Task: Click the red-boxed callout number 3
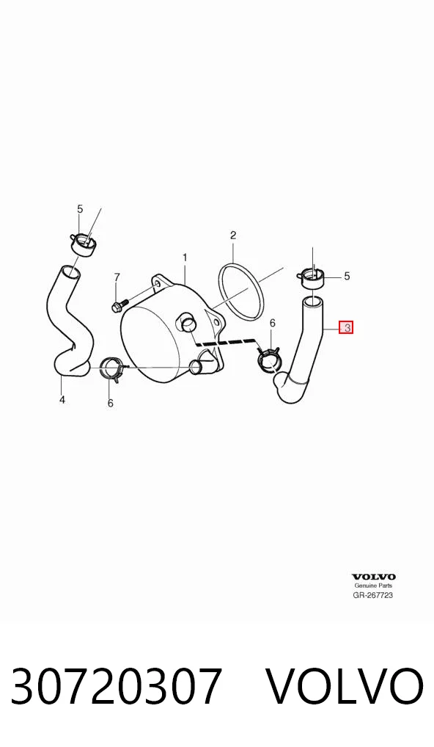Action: [346, 328]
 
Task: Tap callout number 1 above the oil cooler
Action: [185, 258]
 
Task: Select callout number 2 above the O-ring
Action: [233, 235]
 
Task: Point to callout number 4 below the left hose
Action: [62, 400]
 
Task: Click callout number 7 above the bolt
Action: [117, 277]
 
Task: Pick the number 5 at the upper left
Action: [80, 208]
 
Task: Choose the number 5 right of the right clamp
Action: [347, 276]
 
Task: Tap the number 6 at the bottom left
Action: [111, 404]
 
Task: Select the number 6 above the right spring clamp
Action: [273, 324]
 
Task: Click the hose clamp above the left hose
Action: [83, 244]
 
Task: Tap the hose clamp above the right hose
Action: [312, 277]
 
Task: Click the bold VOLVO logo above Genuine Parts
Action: [374, 577]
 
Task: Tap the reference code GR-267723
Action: [373, 595]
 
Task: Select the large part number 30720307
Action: [117, 687]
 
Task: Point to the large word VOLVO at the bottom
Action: [344, 687]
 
